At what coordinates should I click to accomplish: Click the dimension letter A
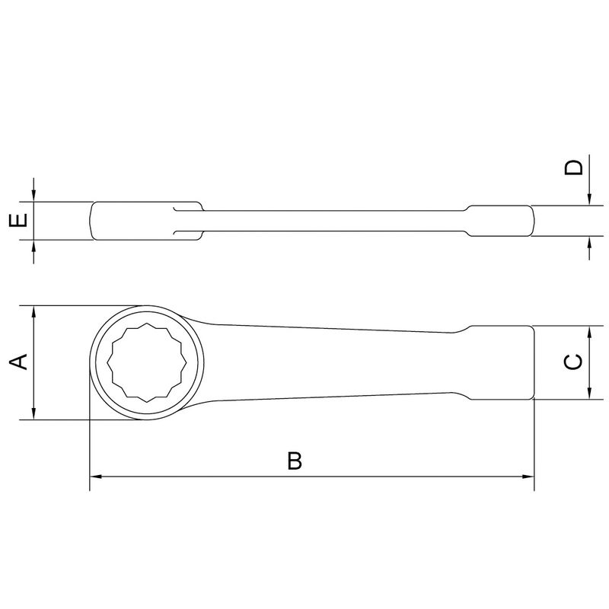[22, 362]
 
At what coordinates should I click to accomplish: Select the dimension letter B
[295, 461]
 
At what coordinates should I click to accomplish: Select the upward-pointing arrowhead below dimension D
[590, 244]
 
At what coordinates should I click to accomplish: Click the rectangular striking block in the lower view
[499, 362]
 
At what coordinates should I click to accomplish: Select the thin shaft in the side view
[335, 222]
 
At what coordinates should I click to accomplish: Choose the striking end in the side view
[502, 222]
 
